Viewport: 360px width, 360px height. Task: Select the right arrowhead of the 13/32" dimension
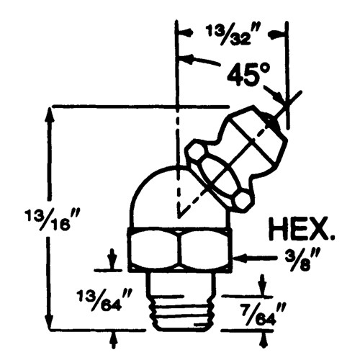(282, 32)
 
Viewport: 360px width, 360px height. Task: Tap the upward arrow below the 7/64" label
(264, 336)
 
